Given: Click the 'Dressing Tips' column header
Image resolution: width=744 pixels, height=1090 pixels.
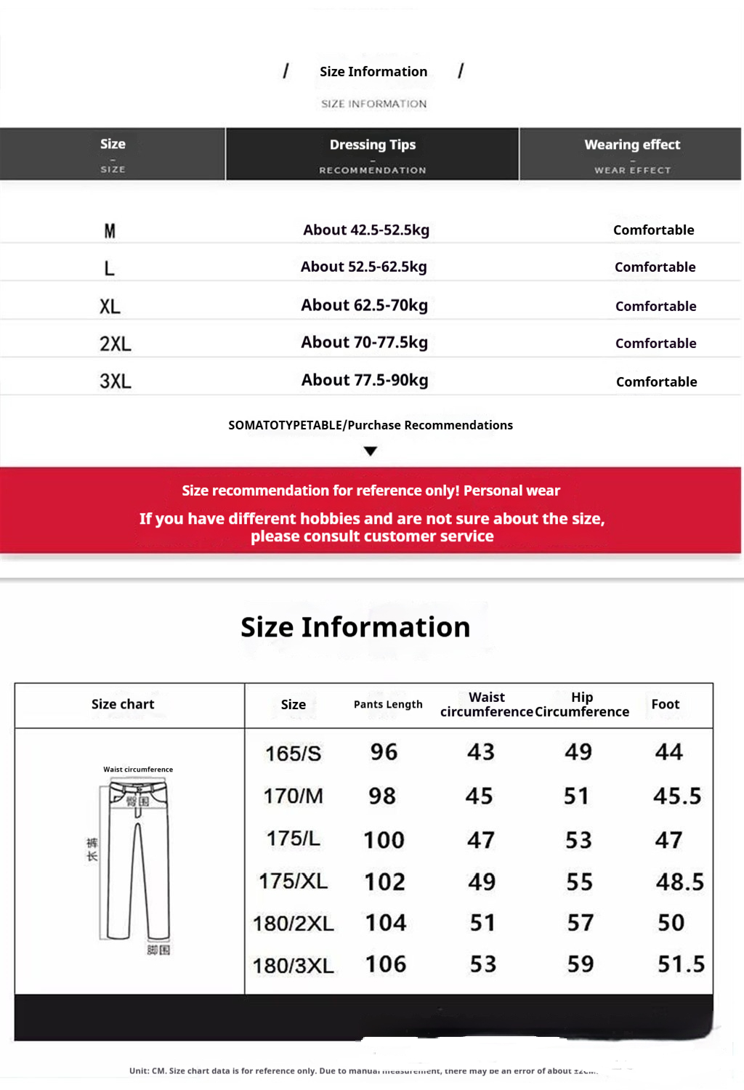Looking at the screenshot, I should click(x=373, y=145).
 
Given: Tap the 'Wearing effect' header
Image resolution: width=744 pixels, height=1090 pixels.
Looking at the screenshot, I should click(x=632, y=145).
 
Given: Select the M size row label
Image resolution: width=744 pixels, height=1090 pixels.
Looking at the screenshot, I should click(x=110, y=231).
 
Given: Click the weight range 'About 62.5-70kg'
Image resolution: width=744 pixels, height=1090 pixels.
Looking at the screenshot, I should click(x=364, y=305).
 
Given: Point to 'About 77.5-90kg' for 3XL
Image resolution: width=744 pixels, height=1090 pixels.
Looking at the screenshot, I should click(x=365, y=380).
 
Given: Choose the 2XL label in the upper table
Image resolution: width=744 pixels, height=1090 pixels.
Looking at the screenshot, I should click(x=115, y=344).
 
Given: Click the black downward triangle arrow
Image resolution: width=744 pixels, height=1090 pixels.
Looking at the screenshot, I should click(x=371, y=451).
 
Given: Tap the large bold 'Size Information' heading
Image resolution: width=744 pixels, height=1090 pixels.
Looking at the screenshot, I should click(x=355, y=627).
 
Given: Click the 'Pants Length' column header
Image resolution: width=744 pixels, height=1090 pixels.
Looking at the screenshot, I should click(x=388, y=704).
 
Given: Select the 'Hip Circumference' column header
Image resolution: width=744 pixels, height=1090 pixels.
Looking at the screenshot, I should click(x=582, y=704).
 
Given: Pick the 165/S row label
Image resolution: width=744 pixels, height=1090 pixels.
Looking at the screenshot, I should click(x=293, y=754).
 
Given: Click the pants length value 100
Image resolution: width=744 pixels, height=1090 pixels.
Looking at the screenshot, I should click(x=384, y=840).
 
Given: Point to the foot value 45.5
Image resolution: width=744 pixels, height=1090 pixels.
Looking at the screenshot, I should click(x=677, y=796).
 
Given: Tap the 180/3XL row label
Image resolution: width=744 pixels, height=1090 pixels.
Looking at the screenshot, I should click(x=293, y=966).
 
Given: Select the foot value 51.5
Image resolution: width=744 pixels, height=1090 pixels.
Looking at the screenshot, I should click(x=681, y=964).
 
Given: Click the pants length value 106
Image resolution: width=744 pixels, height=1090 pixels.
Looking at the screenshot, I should click(x=385, y=964).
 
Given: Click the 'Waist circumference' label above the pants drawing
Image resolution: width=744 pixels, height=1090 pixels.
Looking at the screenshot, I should click(x=138, y=770).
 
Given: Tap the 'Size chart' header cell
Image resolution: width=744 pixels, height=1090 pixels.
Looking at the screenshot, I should click(x=123, y=704).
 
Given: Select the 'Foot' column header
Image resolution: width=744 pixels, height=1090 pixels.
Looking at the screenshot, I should click(x=665, y=704).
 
